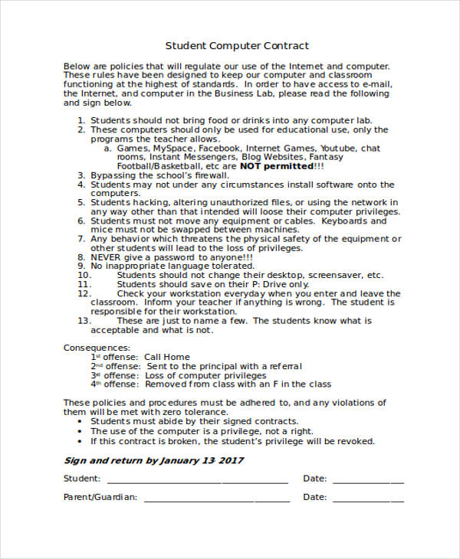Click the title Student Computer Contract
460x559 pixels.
(x=237, y=46)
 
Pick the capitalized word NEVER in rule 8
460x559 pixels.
(x=106, y=257)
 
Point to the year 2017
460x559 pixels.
(x=230, y=460)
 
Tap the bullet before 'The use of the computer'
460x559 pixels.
(x=81, y=431)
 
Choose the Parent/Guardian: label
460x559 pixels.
(x=100, y=497)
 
